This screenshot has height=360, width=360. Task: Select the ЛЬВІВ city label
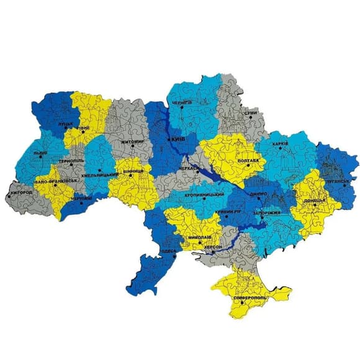(41, 152)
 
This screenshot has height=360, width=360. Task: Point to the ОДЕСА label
(169, 251)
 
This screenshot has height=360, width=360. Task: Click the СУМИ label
(250, 113)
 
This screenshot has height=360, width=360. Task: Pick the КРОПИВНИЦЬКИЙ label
(205, 194)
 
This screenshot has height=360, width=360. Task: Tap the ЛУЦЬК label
(66, 124)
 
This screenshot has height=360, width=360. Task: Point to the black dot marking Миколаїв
(203, 232)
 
